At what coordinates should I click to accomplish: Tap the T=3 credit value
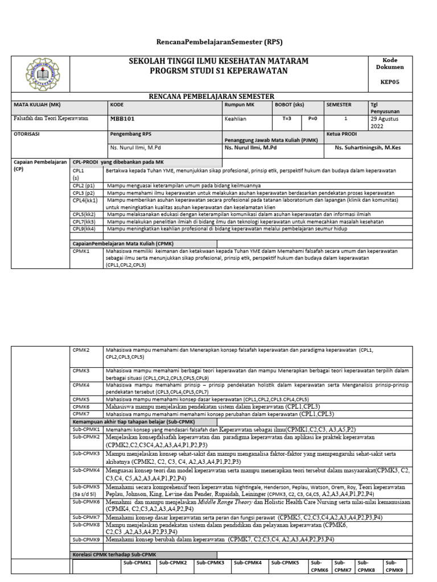(x=287, y=119)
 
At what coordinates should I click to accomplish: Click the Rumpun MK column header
(x=239, y=105)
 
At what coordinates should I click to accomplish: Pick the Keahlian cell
(x=236, y=119)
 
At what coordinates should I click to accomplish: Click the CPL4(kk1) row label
(x=85, y=200)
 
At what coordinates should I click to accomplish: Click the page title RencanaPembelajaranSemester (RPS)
(x=219, y=42)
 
